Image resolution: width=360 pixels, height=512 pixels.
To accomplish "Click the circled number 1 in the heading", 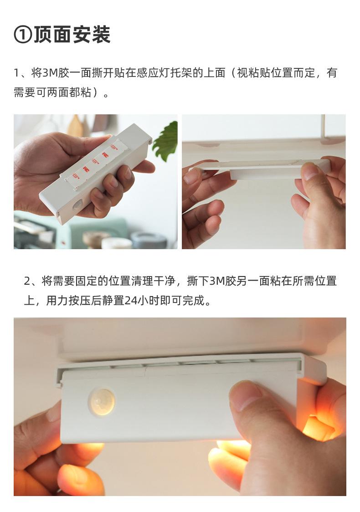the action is pos(23,35).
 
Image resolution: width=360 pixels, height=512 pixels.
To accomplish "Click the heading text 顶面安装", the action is pos(72,35).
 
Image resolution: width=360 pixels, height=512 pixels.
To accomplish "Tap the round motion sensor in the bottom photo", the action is pos(101,402).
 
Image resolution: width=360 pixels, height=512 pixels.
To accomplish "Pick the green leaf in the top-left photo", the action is pos(165,140).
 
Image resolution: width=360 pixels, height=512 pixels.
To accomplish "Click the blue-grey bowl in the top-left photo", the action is pos(149,240).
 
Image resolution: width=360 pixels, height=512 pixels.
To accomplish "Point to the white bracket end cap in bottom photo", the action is pos(312,369).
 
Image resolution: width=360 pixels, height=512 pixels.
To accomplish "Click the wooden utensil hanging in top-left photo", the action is pos(76,126).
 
